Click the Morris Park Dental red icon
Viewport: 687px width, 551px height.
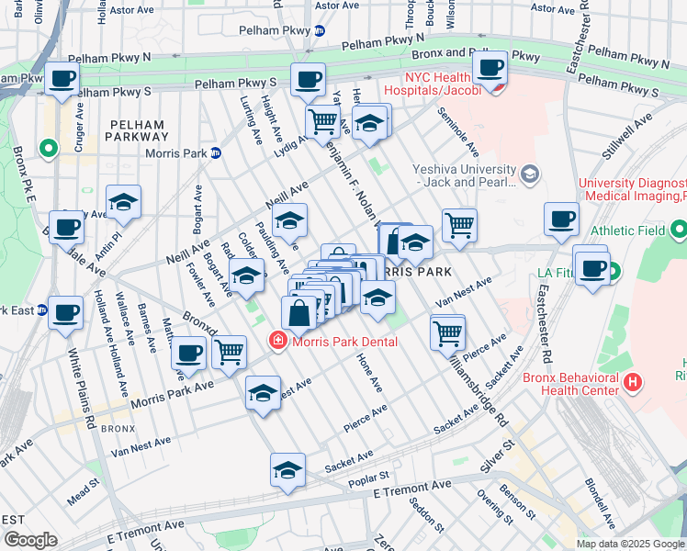276,342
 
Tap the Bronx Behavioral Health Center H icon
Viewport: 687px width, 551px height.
632,381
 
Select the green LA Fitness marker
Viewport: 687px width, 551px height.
613,272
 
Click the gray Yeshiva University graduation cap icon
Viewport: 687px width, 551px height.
530,174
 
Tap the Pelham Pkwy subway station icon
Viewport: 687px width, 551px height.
319,30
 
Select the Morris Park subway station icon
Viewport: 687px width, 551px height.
214,152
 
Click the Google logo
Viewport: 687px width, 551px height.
30,540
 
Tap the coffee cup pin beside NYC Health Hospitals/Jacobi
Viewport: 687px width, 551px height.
491,67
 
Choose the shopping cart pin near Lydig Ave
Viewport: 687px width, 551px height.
322,120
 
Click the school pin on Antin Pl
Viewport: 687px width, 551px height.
122,203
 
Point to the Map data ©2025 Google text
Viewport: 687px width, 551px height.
630,544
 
